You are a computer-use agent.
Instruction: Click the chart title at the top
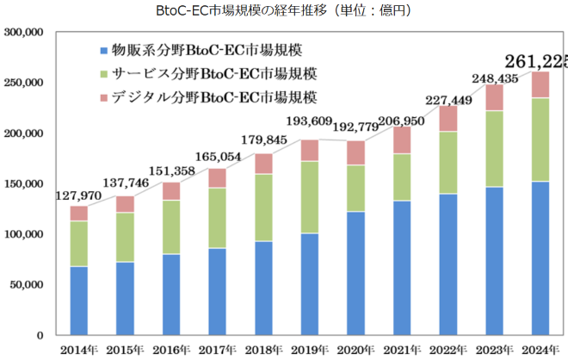point(284,10)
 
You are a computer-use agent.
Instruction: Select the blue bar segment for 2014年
point(79,301)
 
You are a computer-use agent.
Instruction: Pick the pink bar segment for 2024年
point(540,84)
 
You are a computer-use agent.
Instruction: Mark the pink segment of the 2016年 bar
point(171,191)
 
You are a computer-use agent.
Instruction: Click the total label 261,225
point(535,60)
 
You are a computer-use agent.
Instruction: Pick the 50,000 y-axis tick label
point(27,284)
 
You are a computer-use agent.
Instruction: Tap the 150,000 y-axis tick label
point(24,183)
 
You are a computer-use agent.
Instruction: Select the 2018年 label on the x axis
point(262,349)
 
